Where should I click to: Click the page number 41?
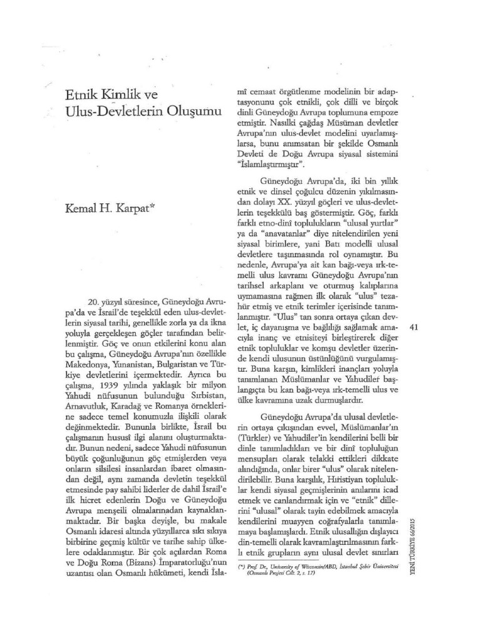coord(413,327)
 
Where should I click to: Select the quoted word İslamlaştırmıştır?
coord(271,165)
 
